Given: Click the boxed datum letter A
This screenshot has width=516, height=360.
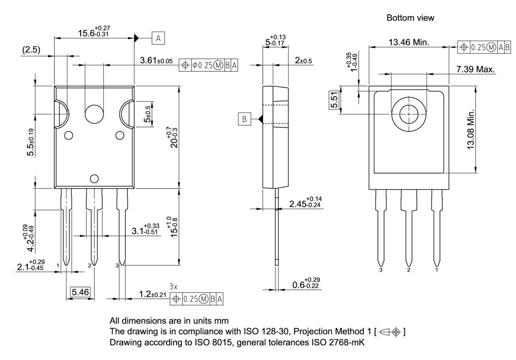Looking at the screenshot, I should pyautogui.click(x=158, y=38).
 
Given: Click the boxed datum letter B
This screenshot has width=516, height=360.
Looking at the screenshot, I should pyautogui.click(x=244, y=119).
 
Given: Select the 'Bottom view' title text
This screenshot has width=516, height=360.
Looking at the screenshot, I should pyautogui.click(x=410, y=18).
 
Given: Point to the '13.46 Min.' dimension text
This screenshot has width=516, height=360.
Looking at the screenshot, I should pyautogui.click(x=409, y=42).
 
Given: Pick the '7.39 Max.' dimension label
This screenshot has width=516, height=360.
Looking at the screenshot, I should pyautogui.click(x=475, y=70).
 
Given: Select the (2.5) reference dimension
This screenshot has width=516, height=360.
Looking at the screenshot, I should pyautogui.click(x=31, y=50).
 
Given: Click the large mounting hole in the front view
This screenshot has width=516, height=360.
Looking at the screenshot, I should pyautogui.click(x=94, y=114).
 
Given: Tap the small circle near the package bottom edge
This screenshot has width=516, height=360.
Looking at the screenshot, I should pyautogui.click(x=94, y=179).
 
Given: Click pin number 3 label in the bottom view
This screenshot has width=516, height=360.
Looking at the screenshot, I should pyautogui.click(x=381, y=270).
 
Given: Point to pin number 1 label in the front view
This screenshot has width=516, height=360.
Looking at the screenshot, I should pyautogui.click(x=58, y=265).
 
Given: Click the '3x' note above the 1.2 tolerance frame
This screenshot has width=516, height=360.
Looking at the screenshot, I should pyautogui.click(x=173, y=287).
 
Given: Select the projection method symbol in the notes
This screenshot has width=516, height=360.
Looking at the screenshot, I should pyautogui.click(x=390, y=332).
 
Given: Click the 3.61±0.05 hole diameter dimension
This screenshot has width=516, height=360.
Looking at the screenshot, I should pyautogui.click(x=156, y=61).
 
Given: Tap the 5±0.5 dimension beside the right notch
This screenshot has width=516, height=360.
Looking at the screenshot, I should pyautogui.click(x=148, y=114).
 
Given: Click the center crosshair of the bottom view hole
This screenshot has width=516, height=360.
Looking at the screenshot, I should pyautogui.click(x=409, y=114).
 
